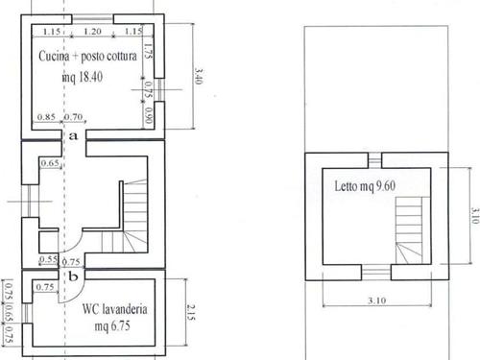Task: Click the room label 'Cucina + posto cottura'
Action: (87, 57)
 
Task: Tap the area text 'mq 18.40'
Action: (83, 77)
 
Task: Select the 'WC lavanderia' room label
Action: (115, 309)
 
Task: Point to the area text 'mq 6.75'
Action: (112, 326)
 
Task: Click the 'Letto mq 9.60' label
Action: (365, 186)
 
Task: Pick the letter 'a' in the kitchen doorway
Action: (73, 136)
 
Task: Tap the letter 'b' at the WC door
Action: (73, 276)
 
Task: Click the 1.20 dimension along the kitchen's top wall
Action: (92, 32)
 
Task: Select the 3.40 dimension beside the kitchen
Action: (199, 77)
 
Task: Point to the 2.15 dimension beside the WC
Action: (191, 312)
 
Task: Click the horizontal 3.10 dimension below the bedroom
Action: (377, 300)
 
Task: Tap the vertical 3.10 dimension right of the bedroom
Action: (475, 216)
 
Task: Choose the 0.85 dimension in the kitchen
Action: (46, 117)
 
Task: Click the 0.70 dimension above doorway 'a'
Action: (73, 117)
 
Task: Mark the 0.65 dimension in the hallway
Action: (50, 163)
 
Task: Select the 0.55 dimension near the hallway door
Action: (48, 259)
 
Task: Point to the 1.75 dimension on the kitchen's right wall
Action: (148, 51)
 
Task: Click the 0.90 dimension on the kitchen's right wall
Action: (148, 116)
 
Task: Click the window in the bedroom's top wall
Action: (374, 160)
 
